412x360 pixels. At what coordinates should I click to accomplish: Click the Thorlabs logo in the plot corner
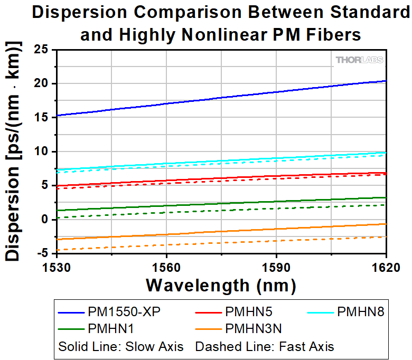click(x=359, y=60)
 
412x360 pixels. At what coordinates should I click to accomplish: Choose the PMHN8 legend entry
click(x=361, y=311)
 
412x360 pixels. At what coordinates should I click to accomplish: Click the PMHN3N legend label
click(x=254, y=329)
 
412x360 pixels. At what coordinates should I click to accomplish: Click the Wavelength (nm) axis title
click(x=221, y=285)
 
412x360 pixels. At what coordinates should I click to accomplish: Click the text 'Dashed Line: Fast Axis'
click(x=265, y=347)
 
